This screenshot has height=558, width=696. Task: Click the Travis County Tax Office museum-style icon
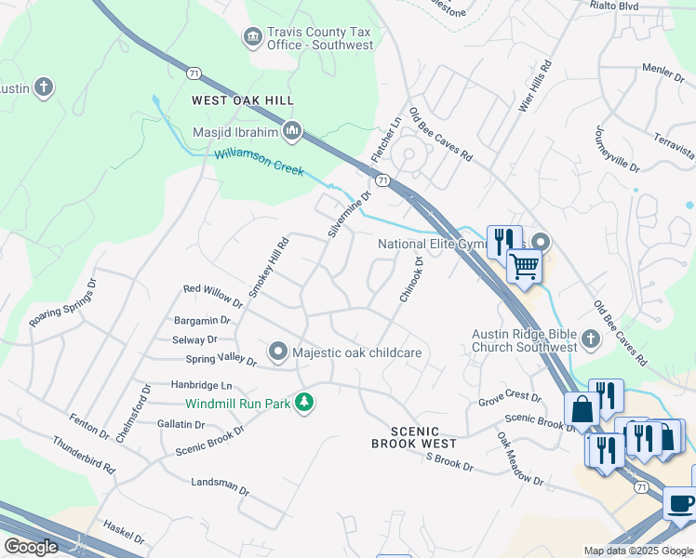click(x=252, y=37)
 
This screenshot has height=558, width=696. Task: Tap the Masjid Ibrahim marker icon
click(x=292, y=131)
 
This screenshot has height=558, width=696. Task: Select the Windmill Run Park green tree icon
click(x=303, y=403)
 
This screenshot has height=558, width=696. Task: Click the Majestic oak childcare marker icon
click(x=277, y=352)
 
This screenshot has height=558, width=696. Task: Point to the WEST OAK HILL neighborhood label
click(x=243, y=100)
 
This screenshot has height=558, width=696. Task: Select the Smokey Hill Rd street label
click(x=271, y=265)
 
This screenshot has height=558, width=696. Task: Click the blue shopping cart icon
click(x=524, y=266)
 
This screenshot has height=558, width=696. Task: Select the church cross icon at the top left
click(x=42, y=87)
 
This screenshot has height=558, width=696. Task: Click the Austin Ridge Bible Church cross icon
click(x=591, y=340)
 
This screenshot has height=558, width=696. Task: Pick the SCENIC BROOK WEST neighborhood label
click(x=413, y=437)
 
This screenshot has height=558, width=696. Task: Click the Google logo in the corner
click(x=31, y=546)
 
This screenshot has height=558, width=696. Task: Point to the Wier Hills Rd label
click(x=535, y=86)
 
